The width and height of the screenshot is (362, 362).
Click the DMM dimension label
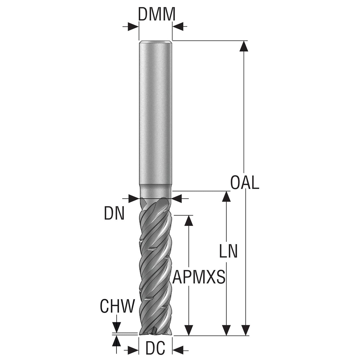tap(157, 14)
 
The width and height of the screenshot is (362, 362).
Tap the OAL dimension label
tap(245, 182)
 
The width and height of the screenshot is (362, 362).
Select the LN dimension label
tap(228, 251)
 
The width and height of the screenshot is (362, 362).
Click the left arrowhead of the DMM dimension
tap(133, 27)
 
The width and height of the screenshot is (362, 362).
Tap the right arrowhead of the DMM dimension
tap(178, 27)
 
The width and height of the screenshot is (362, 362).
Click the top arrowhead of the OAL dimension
tap(244, 46)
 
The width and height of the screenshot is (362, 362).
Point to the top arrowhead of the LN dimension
tap(226, 197)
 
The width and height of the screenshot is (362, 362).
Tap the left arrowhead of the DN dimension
tap(133, 199)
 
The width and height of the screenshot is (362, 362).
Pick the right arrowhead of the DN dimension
tap(176, 199)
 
